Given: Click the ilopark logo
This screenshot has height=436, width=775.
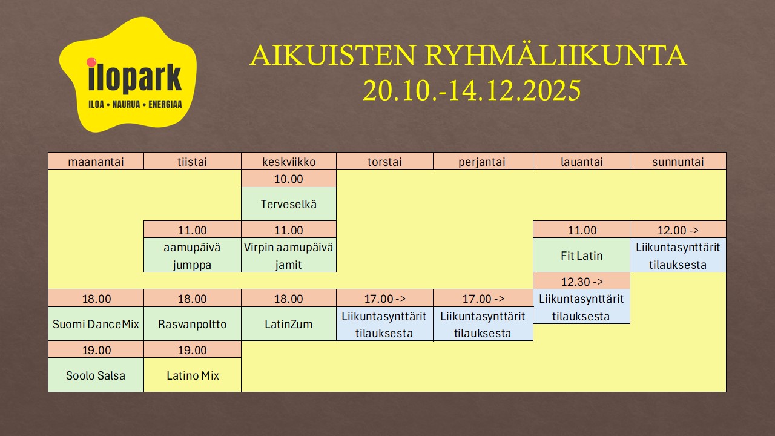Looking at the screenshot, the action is pos(128,74).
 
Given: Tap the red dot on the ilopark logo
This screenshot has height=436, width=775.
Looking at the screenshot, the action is pos(91,62).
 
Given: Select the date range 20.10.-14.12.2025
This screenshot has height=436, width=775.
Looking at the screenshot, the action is pos(472,90).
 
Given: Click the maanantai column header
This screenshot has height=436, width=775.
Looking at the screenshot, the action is pos(96,161).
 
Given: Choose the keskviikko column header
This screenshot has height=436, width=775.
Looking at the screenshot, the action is pos(289,161).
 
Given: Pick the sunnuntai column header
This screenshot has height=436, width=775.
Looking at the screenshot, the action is pos(678,161).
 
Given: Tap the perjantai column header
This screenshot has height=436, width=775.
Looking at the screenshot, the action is pos(483,161).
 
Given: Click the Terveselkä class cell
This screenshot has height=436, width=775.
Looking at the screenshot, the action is pos(289,204).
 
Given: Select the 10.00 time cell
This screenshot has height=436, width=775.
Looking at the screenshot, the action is pos(289,179).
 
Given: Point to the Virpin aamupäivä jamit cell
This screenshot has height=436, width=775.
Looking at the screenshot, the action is pos(289,256).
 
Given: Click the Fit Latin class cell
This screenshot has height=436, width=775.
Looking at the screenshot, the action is pos(581,256).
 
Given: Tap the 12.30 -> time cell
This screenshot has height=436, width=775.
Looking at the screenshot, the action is pos(581,281).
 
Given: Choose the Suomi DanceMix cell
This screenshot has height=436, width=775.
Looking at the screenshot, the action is pos(96,323).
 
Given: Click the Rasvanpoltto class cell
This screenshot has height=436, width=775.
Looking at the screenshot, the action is pos(193,323).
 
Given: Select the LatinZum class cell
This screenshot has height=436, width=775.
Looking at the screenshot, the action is pos(289,323).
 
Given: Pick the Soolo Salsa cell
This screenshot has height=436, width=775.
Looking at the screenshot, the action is pos(96,375).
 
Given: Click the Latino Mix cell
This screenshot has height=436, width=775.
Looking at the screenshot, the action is pos(193,375).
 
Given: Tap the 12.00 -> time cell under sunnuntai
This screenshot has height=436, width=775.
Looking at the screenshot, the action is pos(678,230).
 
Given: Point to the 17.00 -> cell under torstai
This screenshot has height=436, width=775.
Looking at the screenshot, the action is pos(384,299).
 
